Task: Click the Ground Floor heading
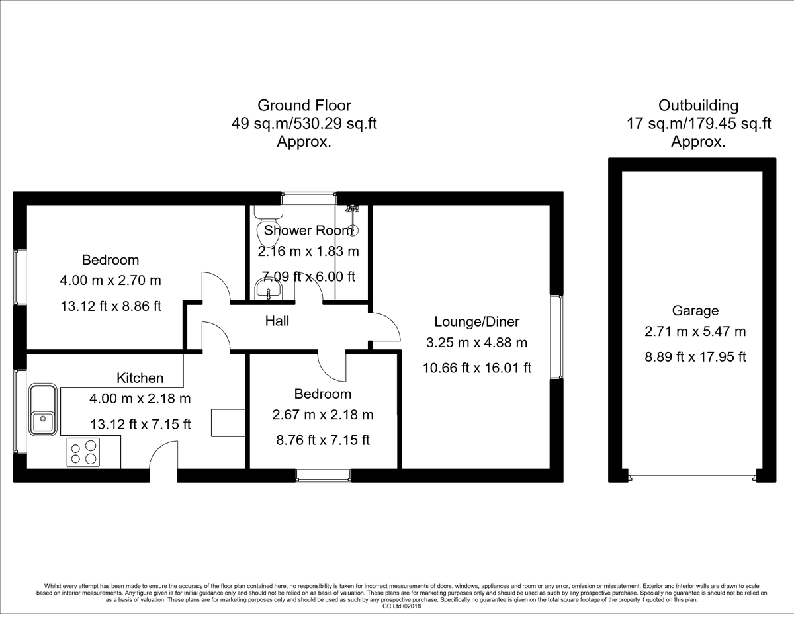304,105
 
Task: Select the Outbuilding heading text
698,105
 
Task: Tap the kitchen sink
44,408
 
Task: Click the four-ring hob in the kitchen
83,452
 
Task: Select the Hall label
277,321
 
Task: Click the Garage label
695,311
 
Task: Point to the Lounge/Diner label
476,322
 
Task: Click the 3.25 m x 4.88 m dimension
476,343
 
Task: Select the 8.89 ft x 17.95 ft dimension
695,356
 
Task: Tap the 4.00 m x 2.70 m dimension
110,280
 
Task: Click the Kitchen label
140,378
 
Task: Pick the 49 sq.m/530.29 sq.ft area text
304,123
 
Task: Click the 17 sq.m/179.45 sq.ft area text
698,123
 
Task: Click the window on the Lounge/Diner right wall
556,337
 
